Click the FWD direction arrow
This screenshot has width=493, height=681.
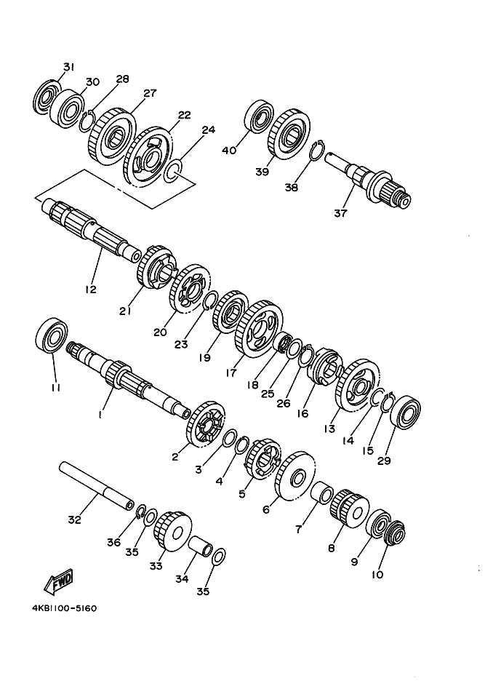59,582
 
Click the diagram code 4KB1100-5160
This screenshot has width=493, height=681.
65,608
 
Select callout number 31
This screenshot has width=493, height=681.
68,67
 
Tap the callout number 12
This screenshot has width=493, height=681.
91,289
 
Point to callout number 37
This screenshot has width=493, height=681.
341,213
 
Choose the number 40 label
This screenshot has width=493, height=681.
229,151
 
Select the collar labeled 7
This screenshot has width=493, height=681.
321,494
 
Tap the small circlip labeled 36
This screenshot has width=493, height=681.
140,511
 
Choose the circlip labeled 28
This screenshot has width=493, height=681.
87,120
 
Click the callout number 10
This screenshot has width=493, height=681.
377,575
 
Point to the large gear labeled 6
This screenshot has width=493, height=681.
295,476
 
